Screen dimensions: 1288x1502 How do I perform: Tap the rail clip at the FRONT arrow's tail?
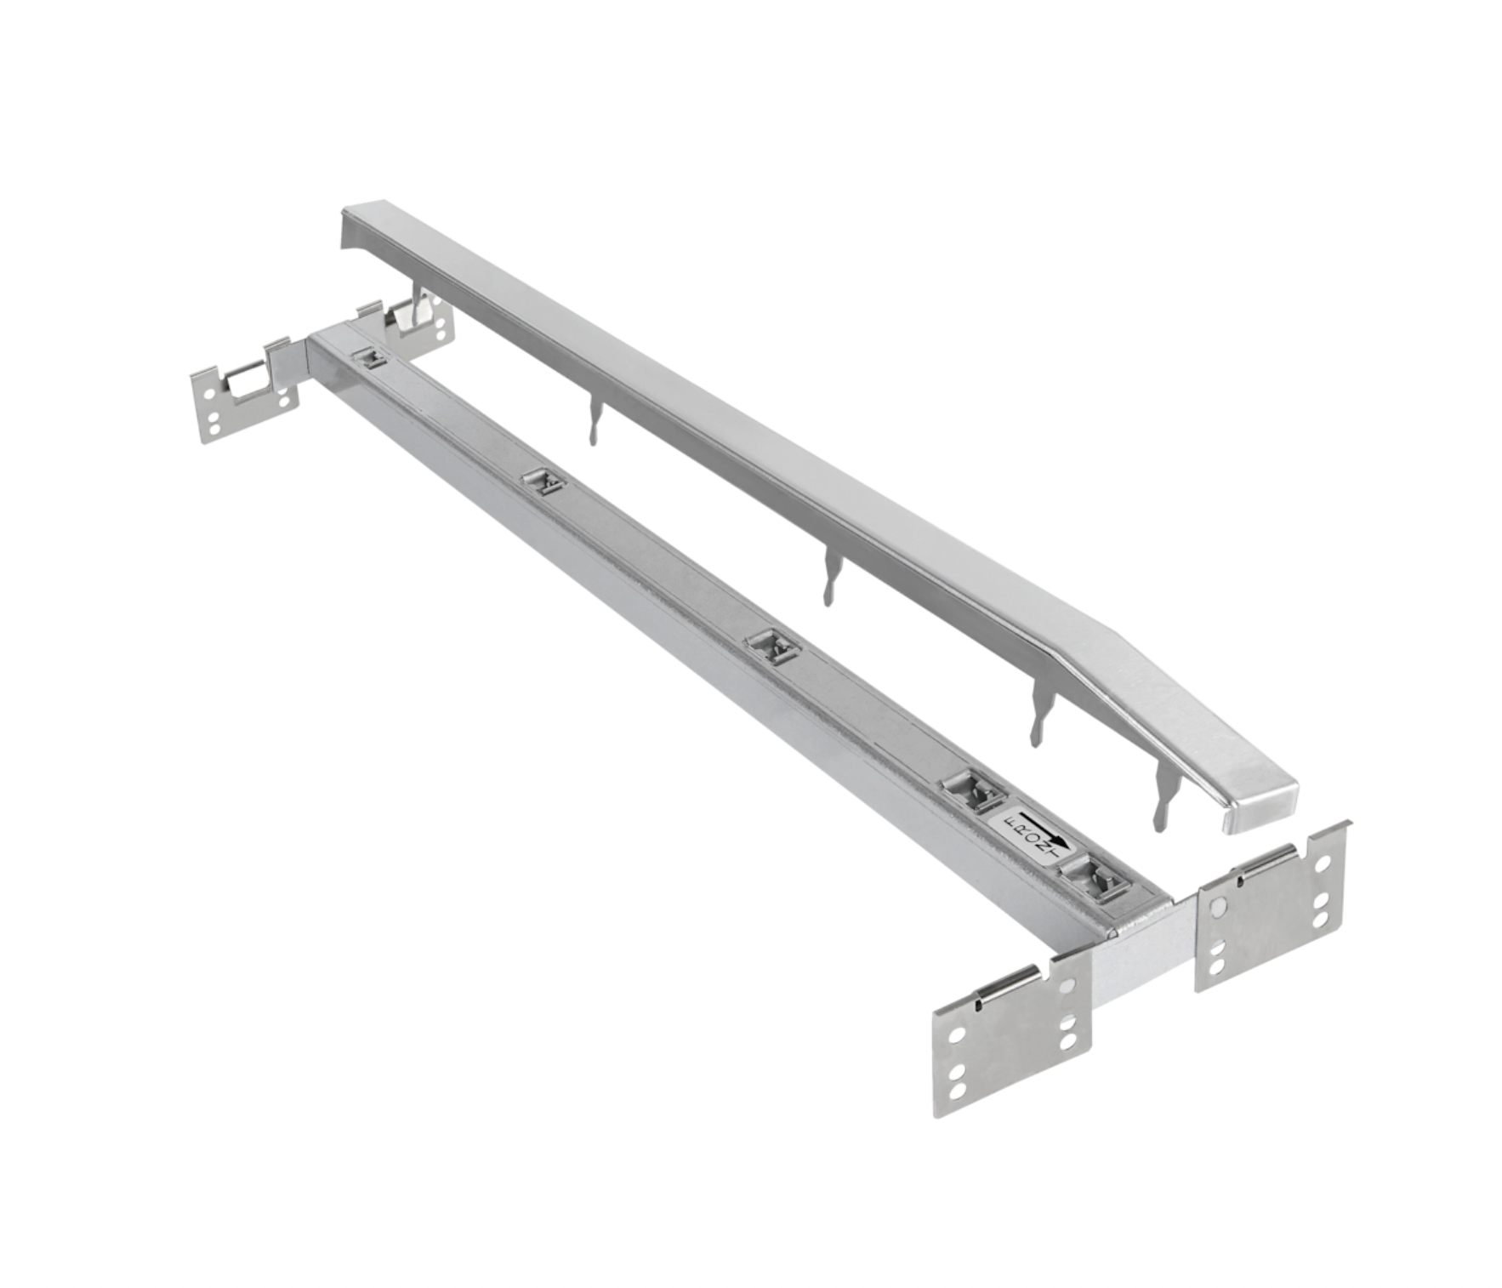pyautogui.click(x=974, y=790)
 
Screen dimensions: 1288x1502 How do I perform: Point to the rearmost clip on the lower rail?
pyautogui.click(x=369, y=358)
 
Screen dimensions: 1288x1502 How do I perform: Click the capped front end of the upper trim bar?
pyautogui.click(x=1259, y=805)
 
